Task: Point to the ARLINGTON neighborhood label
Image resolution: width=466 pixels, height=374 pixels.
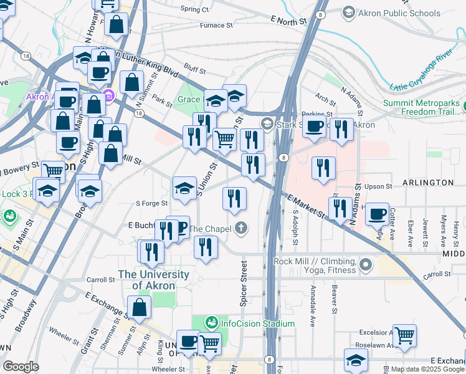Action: (x=431, y=183)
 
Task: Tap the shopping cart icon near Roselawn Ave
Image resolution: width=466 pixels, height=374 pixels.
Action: (x=404, y=335)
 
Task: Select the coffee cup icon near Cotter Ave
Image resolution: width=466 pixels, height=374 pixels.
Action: (x=377, y=213)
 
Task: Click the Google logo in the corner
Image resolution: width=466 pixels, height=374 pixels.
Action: (x=21, y=367)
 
